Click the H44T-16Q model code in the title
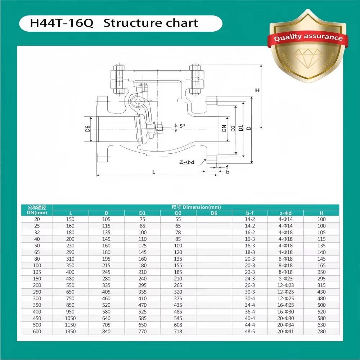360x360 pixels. [x=62, y=23]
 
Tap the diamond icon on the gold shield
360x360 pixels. [x=308, y=58]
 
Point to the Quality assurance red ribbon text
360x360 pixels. [x=308, y=37]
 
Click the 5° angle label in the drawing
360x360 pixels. [x=182, y=126]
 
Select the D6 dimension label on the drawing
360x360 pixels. [x=87, y=129]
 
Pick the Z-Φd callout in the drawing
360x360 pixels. [x=187, y=162]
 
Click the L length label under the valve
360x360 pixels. [x=154, y=172]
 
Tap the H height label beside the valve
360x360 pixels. [x=257, y=90]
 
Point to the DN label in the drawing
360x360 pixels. [x=224, y=128]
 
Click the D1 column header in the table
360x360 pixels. [x=142, y=213]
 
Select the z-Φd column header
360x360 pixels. [x=285, y=213]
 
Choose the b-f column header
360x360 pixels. [x=250, y=213]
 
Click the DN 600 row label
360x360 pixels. [x=37, y=331]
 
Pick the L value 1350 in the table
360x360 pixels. [x=70, y=331]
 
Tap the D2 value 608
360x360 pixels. [x=178, y=325]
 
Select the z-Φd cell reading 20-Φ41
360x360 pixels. [x=285, y=331]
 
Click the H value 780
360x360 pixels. [x=321, y=331]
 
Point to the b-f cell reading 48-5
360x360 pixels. [x=250, y=331]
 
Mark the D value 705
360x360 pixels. [x=106, y=325]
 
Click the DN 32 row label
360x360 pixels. [x=37, y=232]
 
